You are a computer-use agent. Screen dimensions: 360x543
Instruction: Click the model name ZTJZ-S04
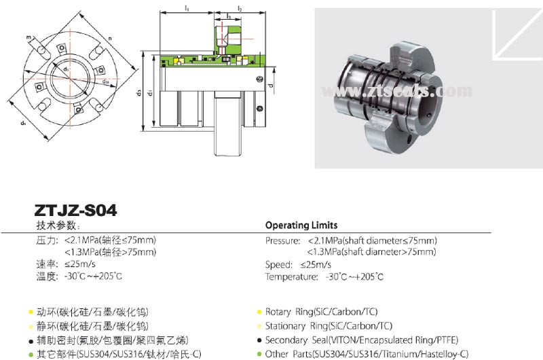pyautogui.click(x=75, y=211)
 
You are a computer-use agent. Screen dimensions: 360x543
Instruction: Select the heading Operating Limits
pyautogui.click(x=301, y=225)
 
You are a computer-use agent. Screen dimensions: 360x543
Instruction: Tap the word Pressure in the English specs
pyautogui.click(x=282, y=241)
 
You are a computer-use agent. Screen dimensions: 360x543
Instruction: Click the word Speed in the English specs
pyautogui.click(x=278, y=264)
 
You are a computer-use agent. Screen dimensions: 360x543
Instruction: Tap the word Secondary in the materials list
pyautogui.click(x=286, y=340)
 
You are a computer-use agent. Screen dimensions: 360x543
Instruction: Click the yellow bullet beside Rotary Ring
pyautogui.click(x=259, y=312)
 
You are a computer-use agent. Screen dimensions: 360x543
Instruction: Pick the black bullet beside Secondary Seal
pyautogui.click(x=259, y=340)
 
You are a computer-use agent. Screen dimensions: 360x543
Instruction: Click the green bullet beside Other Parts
pyautogui.click(x=259, y=354)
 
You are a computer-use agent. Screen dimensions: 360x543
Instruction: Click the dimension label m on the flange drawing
pyautogui.click(x=30, y=37)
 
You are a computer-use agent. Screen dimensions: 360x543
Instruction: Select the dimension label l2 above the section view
pyautogui.click(x=239, y=8)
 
